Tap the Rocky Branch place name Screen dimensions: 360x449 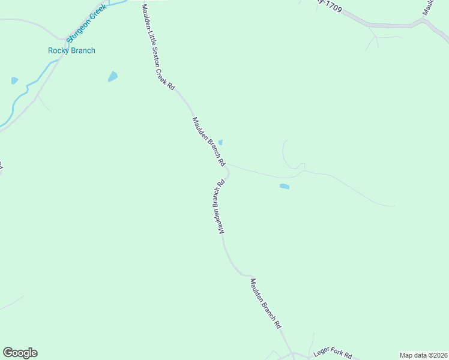(x=71, y=51)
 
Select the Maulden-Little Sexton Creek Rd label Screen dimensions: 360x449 (x=158, y=47)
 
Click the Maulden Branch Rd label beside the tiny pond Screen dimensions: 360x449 (x=208, y=142)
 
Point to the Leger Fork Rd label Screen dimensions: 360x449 (x=332, y=355)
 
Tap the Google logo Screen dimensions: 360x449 (x=20, y=353)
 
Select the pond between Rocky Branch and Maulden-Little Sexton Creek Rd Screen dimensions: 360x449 (x=112, y=76)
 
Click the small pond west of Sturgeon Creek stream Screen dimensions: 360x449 (x=14, y=80)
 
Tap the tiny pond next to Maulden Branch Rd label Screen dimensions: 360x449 (x=220, y=142)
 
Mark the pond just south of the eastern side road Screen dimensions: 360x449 (x=284, y=187)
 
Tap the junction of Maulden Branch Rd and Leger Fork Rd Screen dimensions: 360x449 (x=292, y=354)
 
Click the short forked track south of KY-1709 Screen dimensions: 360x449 (x=376, y=40)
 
